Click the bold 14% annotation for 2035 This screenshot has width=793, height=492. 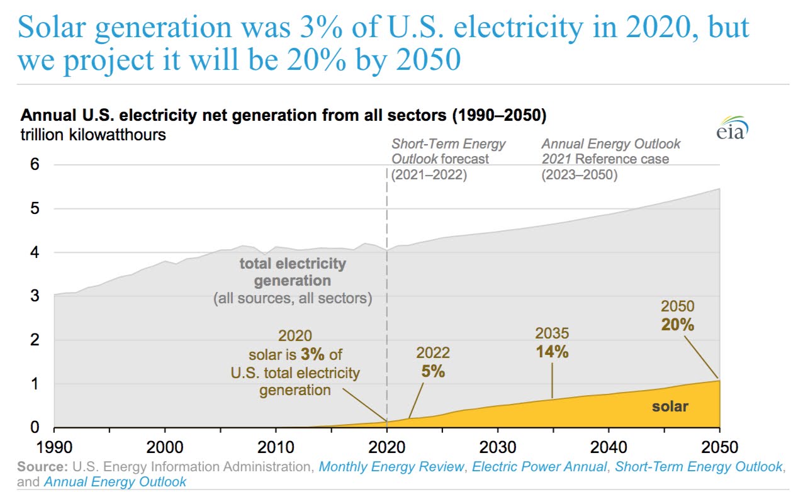click(552, 352)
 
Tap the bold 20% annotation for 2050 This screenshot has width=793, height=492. click(677, 325)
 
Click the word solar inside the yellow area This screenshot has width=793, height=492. click(670, 406)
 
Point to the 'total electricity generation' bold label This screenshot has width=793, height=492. click(293, 272)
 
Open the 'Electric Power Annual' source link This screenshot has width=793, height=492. click(539, 467)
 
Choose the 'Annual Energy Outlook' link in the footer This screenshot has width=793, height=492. click(115, 482)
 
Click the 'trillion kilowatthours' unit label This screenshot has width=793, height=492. click(94, 135)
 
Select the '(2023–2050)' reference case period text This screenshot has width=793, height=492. click(580, 175)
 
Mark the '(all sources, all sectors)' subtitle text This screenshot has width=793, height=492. click(293, 298)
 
